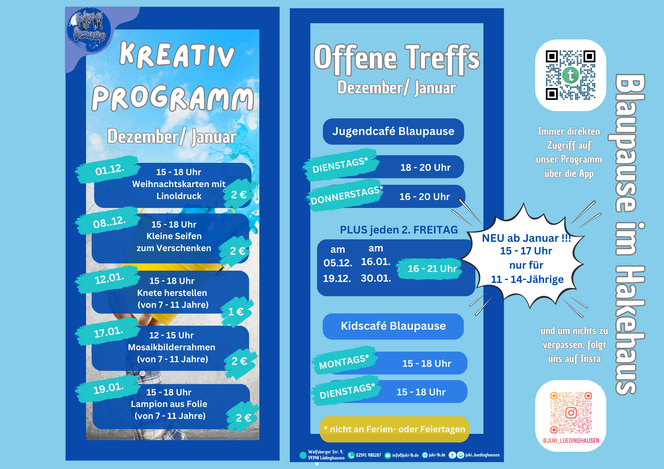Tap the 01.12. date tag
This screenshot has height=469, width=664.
point(108,169)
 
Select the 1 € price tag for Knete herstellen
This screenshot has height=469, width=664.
point(237,312)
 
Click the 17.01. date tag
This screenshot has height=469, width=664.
point(108,332)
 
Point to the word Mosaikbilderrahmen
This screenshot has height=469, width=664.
point(172,347)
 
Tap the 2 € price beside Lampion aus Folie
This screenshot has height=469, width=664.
point(243,418)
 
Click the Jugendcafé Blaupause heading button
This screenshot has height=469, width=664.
point(393,131)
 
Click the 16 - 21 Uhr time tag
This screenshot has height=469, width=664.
point(431,269)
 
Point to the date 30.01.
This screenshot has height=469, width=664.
point(376,278)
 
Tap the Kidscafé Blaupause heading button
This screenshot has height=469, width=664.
point(393,326)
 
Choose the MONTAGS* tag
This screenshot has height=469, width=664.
point(344,362)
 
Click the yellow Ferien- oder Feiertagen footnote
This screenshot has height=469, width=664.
point(394,429)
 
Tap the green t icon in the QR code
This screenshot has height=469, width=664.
point(571,75)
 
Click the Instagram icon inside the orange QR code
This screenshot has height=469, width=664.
point(571,413)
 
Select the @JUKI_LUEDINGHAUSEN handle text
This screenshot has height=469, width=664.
point(571,441)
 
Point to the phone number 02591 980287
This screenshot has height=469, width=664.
point(369,455)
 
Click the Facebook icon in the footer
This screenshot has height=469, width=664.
point(452,455)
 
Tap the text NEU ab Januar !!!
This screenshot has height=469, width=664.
point(527,238)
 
